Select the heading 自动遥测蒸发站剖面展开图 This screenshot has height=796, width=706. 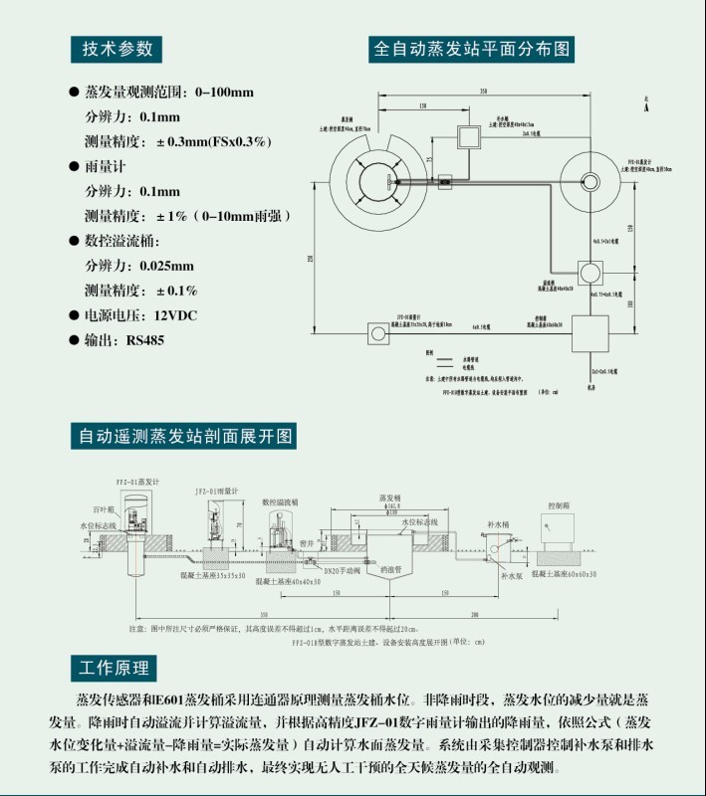click(185, 436)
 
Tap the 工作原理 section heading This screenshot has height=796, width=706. click(114, 667)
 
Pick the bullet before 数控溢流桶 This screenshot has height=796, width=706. click(74, 241)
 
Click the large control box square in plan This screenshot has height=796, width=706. click(589, 331)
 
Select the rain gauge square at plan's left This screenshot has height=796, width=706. click(377, 329)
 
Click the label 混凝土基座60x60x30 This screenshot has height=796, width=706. click(568, 574)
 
